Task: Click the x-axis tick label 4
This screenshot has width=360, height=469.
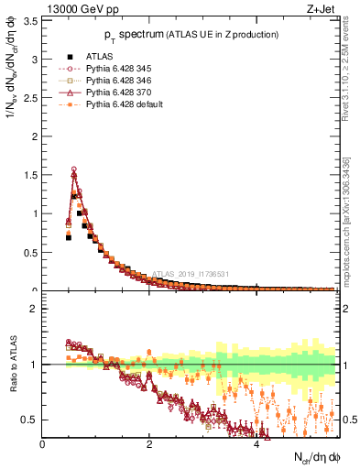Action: [256, 444]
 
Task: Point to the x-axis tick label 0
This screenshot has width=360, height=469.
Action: [43, 444]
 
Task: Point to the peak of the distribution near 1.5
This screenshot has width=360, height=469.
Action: [73, 169]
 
